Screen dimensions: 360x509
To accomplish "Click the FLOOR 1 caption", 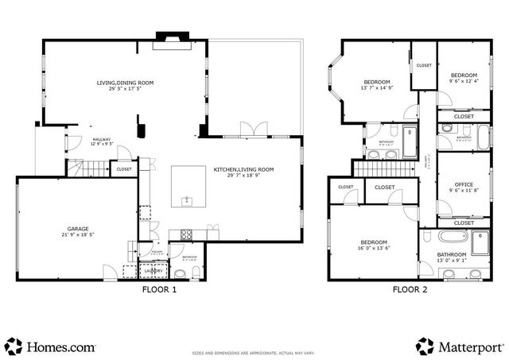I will pos(159,290).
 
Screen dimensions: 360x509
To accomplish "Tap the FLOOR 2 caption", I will pos(410,290).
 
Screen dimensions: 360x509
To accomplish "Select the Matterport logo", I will pos(459,346).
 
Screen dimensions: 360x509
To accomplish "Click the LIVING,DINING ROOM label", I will pos(125,83).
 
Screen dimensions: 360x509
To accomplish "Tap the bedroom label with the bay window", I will pos(377,82).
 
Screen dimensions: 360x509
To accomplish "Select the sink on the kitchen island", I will pos(188,199).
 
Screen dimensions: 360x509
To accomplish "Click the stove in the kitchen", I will pos(187,234).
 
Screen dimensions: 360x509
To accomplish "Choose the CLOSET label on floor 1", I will pos(124,168).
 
